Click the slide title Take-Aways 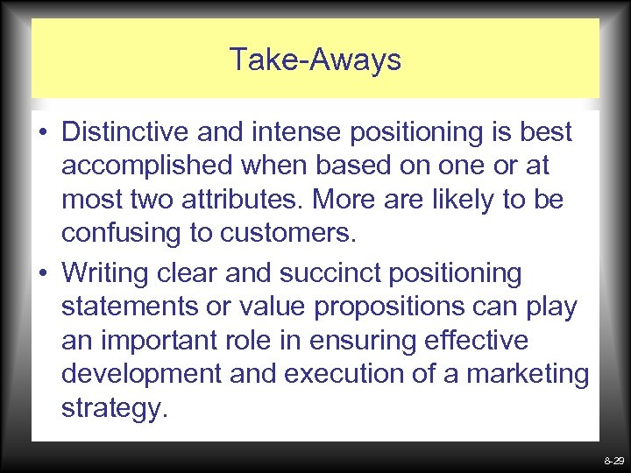[x=315, y=60]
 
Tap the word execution [x=335, y=374]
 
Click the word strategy [x=113, y=408]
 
